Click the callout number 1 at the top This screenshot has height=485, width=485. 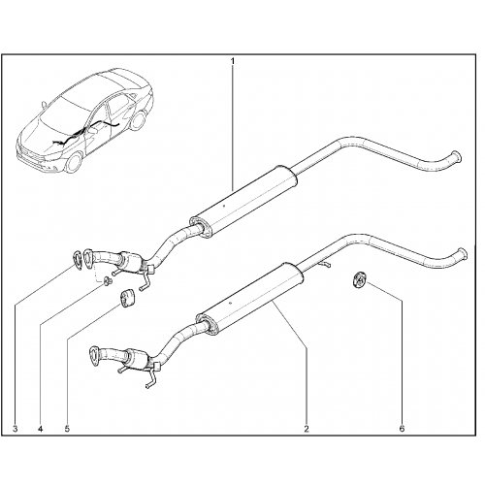(x=232, y=60)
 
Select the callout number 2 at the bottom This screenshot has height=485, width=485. (x=307, y=429)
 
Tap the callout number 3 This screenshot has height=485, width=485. (x=15, y=429)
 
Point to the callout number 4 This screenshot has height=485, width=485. (x=40, y=429)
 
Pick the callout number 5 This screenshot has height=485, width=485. (x=67, y=429)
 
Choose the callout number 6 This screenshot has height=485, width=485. (x=402, y=429)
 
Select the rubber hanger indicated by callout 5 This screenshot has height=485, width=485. (x=125, y=297)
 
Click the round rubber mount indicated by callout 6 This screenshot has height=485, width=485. (x=358, y=279)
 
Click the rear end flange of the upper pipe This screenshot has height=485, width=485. (x=456, y=156)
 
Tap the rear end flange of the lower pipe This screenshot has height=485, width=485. (x=463, y=254)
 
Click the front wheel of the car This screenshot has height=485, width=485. (x=74, y=162)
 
